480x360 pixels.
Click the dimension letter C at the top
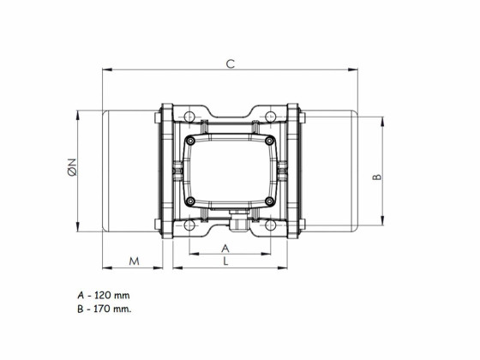click(x=229, y=63)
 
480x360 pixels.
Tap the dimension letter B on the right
click(x=376, y=177)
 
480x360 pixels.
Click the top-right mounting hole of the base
click(x=270, y=116)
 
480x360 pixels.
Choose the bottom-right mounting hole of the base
click(x=270, y=226)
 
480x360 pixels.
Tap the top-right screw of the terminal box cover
click(x=269, y=140)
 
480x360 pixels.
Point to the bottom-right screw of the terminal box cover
click(x=269, y=202)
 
